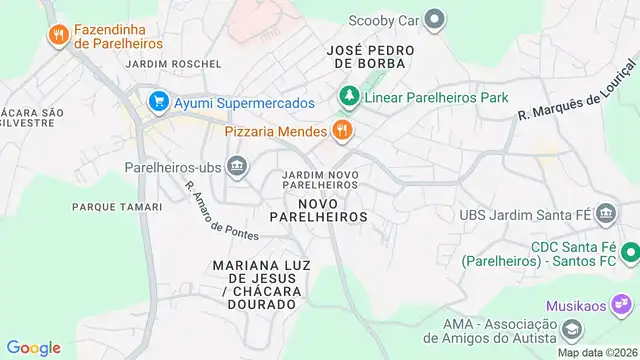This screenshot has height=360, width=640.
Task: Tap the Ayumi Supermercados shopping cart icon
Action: coord(157,102)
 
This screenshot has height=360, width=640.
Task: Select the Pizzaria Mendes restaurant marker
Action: coord(342,131)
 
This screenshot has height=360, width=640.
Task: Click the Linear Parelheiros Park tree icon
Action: coord(348,97)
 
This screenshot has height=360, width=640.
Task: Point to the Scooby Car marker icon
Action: coord(434,19)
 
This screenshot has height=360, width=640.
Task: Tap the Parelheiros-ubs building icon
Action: coord(237,166)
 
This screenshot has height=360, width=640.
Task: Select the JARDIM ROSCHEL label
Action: coord(173,64)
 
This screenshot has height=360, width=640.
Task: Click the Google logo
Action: coord(34,347)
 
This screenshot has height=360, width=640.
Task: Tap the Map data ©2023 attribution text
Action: coord(596,352)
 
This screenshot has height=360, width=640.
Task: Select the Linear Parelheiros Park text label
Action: coord(436,98)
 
